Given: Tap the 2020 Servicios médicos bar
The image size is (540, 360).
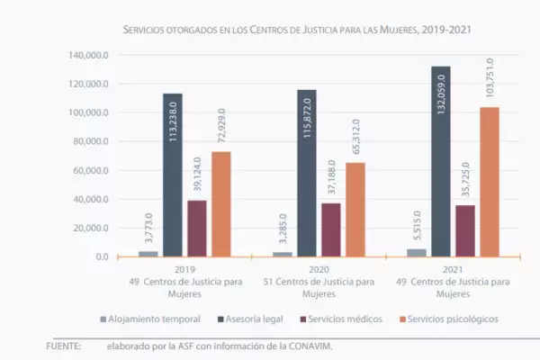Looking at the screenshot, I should [x=330, y=229].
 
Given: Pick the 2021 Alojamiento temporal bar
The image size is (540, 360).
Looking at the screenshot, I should [x=416, y=253].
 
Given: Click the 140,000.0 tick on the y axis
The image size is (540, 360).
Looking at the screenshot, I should [x=89, y=55].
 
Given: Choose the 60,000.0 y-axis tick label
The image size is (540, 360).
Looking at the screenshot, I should [x=91, y=171].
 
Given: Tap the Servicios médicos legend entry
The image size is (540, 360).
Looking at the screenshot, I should [x=345, y=319].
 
